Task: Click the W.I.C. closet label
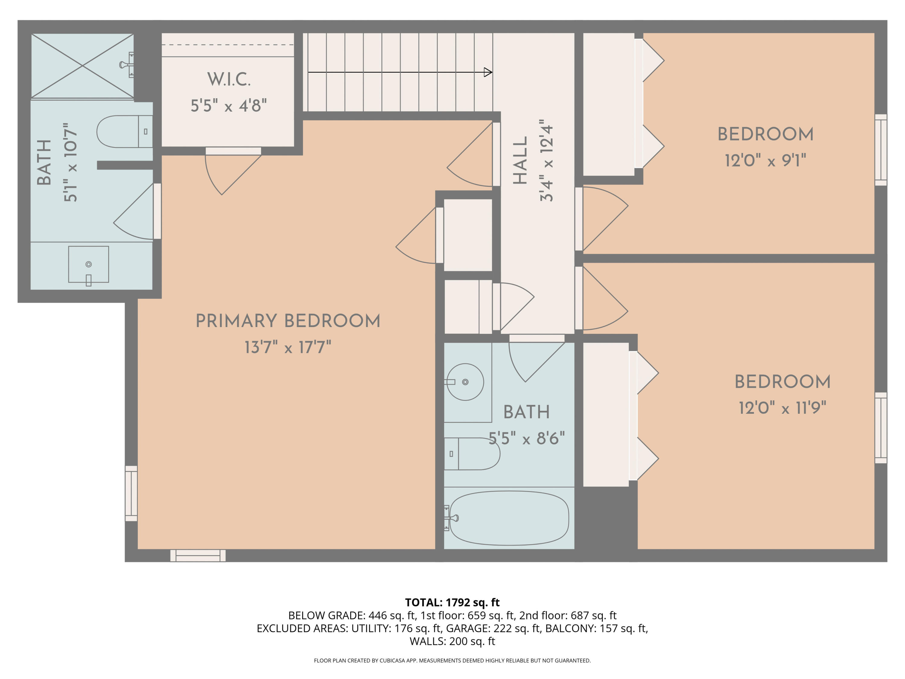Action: coord(229,79)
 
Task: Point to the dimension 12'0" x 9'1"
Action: coord(766,161)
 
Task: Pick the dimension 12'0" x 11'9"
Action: coord(782,408)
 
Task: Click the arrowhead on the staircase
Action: coord(488,72)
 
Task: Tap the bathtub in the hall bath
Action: coord(509,518)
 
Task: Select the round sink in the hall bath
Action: coord(465,382)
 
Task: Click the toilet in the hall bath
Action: coord(472,454)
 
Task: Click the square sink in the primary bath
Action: coord(88,264)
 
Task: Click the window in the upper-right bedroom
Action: coord(881,150)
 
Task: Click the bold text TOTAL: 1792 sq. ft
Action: coord(452,602)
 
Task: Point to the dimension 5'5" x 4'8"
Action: coord(229,106)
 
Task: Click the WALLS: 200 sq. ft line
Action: coord(452,641)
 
